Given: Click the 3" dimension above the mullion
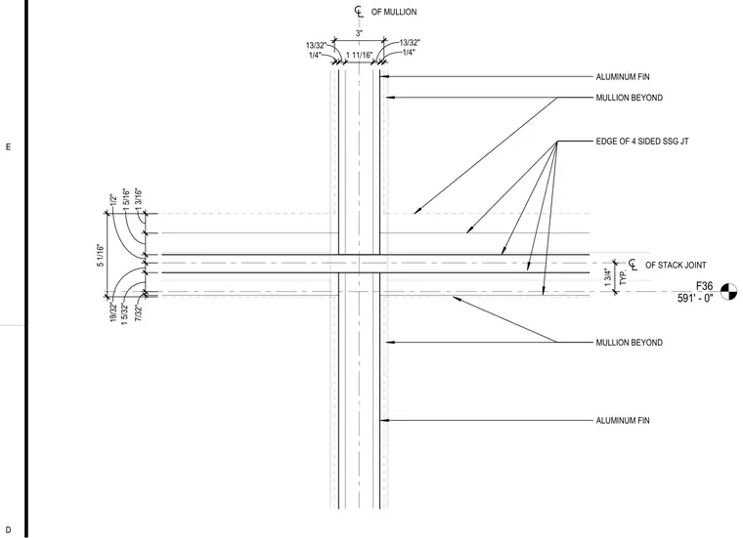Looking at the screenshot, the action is click(359, 33).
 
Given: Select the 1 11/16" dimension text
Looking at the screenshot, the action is click(359, 56).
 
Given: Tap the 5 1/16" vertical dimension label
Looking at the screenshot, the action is click(101, 256).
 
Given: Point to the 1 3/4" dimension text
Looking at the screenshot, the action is click(608, 277).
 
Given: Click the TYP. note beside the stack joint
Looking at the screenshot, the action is click(623, 276).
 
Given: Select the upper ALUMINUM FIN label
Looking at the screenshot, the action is click(623, 77).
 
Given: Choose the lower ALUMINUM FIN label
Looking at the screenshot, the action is click(623, 420).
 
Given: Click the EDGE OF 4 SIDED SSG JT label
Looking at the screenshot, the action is click(642, 141).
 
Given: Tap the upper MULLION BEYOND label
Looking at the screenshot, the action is click(630, 98).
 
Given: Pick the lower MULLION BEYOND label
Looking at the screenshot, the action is click(630, 342).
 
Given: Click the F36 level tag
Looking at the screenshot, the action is click(704, 286).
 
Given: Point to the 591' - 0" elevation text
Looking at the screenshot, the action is click(695, 298).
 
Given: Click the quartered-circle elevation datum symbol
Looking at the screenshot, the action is click(728, 292).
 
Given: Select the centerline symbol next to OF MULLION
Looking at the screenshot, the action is click(359, 12).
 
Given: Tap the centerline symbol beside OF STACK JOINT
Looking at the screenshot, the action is click(634, 265).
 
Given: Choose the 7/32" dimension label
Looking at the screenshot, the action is click(139, 313).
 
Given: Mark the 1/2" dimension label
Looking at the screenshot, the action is click(112, 200).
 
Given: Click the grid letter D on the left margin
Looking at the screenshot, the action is click(8, 530).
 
